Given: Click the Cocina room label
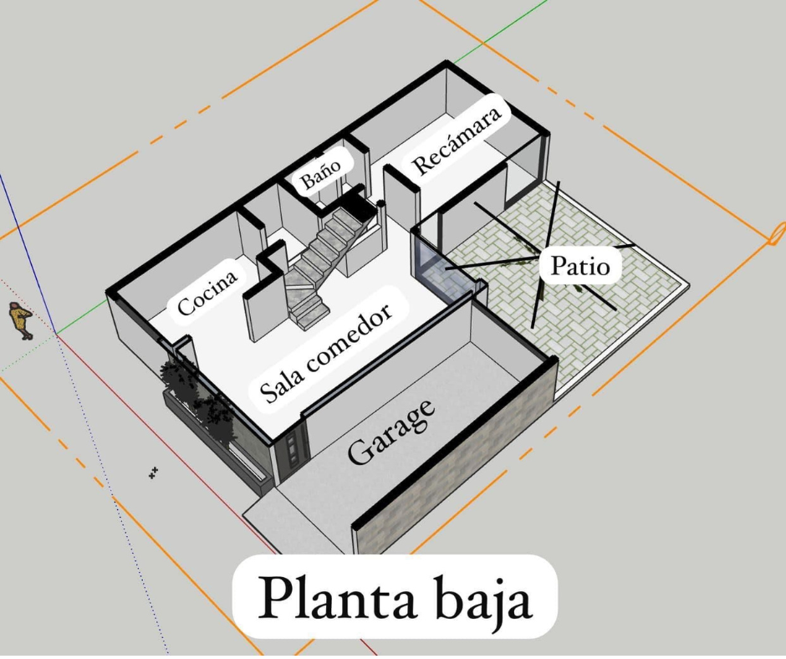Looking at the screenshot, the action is click(x=207, y=293).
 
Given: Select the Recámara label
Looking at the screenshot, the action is click(x=457, y=141).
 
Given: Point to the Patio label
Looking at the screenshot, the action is click(x=580, y=265).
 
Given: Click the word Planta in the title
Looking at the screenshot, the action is click(x=336, y=597).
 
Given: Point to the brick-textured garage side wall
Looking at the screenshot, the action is click(x=454, y=457).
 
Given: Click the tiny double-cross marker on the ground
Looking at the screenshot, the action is click(x=153, y=473).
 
